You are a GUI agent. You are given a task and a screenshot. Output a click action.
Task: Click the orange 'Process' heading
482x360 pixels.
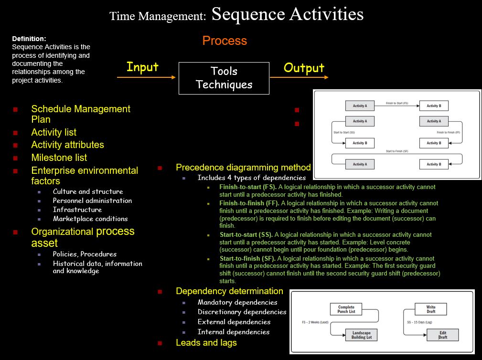(225, 41)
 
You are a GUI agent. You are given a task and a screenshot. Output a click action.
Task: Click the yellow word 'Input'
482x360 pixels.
(142, 67)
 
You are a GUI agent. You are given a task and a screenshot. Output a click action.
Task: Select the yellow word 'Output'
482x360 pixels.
(304, 68)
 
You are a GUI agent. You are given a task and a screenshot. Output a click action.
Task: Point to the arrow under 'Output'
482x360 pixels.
(299, 77)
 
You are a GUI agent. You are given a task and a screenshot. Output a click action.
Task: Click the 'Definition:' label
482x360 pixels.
(29, 39)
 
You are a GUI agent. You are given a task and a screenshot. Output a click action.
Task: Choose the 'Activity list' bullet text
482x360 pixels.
(54, 132)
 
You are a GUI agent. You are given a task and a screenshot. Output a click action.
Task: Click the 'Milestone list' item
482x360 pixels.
(59, 158)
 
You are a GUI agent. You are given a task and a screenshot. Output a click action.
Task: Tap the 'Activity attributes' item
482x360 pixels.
(68, 145)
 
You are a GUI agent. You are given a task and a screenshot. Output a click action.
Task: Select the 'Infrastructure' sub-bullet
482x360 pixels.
(77, 210)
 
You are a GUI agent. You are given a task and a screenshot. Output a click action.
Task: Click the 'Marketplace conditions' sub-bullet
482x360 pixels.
(90, 219)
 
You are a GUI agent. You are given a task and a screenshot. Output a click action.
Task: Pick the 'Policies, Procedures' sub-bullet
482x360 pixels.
(85, 254)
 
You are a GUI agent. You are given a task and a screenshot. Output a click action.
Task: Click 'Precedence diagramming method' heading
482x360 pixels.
(243, 168)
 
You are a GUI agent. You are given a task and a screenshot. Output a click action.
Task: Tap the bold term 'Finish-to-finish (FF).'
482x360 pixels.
(249, 203)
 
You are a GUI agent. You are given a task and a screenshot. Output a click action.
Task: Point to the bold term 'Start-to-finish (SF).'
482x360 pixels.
(247, 259)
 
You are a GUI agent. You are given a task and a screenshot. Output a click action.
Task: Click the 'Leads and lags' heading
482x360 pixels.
(206, 342)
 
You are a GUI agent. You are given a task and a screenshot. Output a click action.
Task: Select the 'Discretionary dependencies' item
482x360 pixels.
(242, 312)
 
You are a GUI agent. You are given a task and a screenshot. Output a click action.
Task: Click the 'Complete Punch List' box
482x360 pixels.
(346, 309)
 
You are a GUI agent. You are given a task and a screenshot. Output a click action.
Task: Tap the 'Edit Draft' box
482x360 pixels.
(443, 335)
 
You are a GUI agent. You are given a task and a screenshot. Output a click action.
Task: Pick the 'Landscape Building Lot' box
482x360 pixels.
(362, 335)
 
